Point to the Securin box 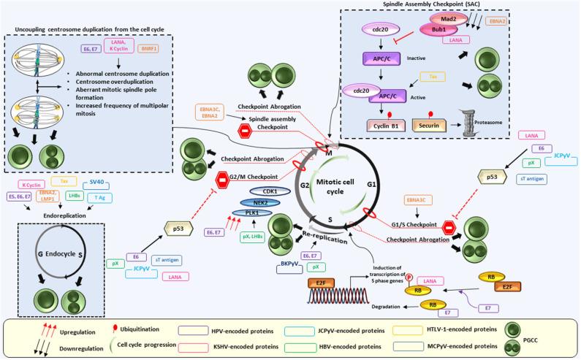pos(432,129)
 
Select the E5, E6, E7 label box pos(31,196)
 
